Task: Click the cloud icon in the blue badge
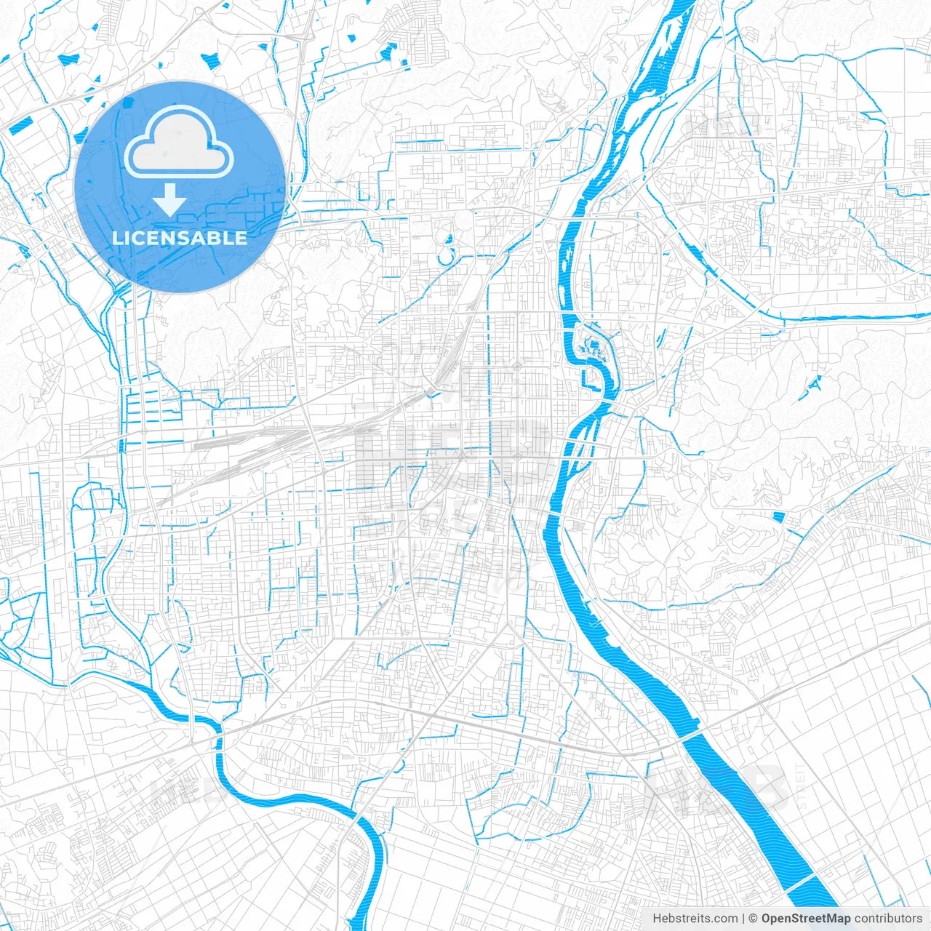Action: click(x=179, y=143)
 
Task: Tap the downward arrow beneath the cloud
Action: click(x=170, y=200)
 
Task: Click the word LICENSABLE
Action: click(x=180, y=238)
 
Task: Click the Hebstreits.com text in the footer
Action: click(x=695, y=919)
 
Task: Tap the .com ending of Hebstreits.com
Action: click(x=724, y=919)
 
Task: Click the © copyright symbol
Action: click(x=754, y=919)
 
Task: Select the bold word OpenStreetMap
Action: click(x=806, y=919)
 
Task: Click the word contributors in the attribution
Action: click(x=888, y=919)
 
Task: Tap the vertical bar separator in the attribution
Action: click(x=743, y=919)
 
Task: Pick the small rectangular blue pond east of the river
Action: click(x=779, y=517)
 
